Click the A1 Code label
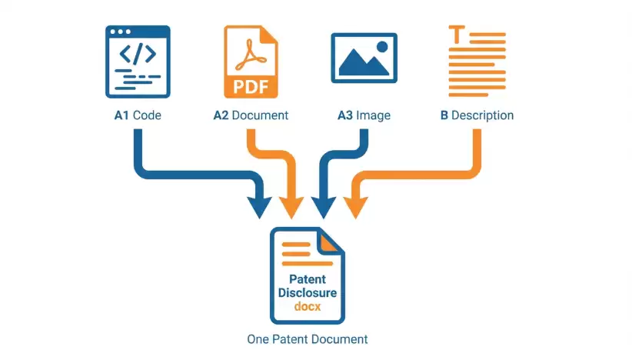point(138,115)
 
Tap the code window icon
point(138,62)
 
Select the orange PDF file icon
point(251,62)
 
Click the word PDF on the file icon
point(251,87)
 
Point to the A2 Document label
point(251,115)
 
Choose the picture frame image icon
point(364,58)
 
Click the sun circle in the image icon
point(382,47)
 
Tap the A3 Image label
point(364,115)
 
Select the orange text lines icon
point(477,62)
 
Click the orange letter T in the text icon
point(457,35)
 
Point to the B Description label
point(477,115)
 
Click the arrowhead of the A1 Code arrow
point(259,208)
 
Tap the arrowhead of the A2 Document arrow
point(291,208)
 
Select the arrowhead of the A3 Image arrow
point(323,208)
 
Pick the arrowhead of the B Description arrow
point(355,208)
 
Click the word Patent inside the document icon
point(308,279)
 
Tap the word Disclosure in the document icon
point(308,293)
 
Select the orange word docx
point(308,306)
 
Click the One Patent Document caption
point(308,339)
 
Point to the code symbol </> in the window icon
point(138,54)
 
